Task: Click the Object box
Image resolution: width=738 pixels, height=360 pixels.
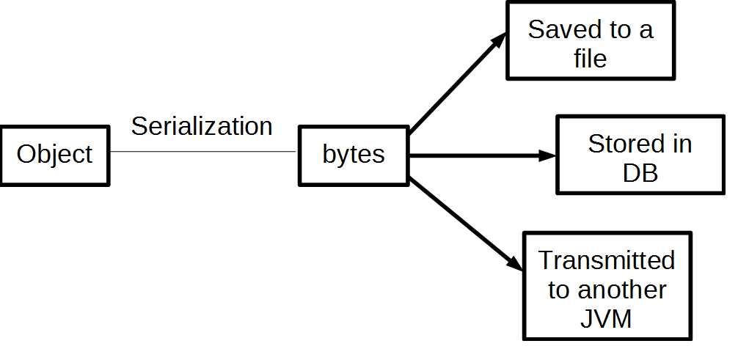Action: (55, 155)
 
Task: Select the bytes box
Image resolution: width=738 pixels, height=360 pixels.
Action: (354, 155)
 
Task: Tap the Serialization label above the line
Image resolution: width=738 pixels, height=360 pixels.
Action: (202, 126)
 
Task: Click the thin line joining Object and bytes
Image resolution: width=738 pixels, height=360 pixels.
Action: (202, 152)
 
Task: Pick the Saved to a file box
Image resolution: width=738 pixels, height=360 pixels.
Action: (590, 42)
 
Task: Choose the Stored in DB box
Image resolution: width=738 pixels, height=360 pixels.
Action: (640, 155)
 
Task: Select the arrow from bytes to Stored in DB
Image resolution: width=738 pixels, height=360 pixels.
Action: (477, 155)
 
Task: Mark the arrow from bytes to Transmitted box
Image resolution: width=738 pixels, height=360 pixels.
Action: (462, 220)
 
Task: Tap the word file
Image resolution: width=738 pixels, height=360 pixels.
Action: (590, 58)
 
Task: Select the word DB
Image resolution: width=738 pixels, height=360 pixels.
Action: (640, 172)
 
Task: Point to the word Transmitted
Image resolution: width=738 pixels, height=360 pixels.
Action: (607, 260)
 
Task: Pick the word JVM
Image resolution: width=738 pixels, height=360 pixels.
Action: (607, 319)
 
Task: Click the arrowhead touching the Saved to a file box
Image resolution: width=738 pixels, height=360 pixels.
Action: (499, 40)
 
